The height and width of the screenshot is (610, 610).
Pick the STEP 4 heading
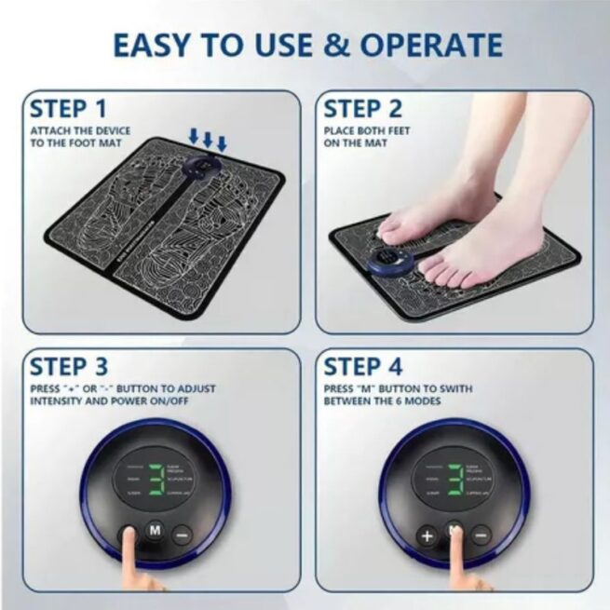366,366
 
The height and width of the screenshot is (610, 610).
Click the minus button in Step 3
182,535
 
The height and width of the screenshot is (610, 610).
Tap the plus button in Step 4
427,535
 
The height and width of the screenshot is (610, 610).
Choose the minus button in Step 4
480,535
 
